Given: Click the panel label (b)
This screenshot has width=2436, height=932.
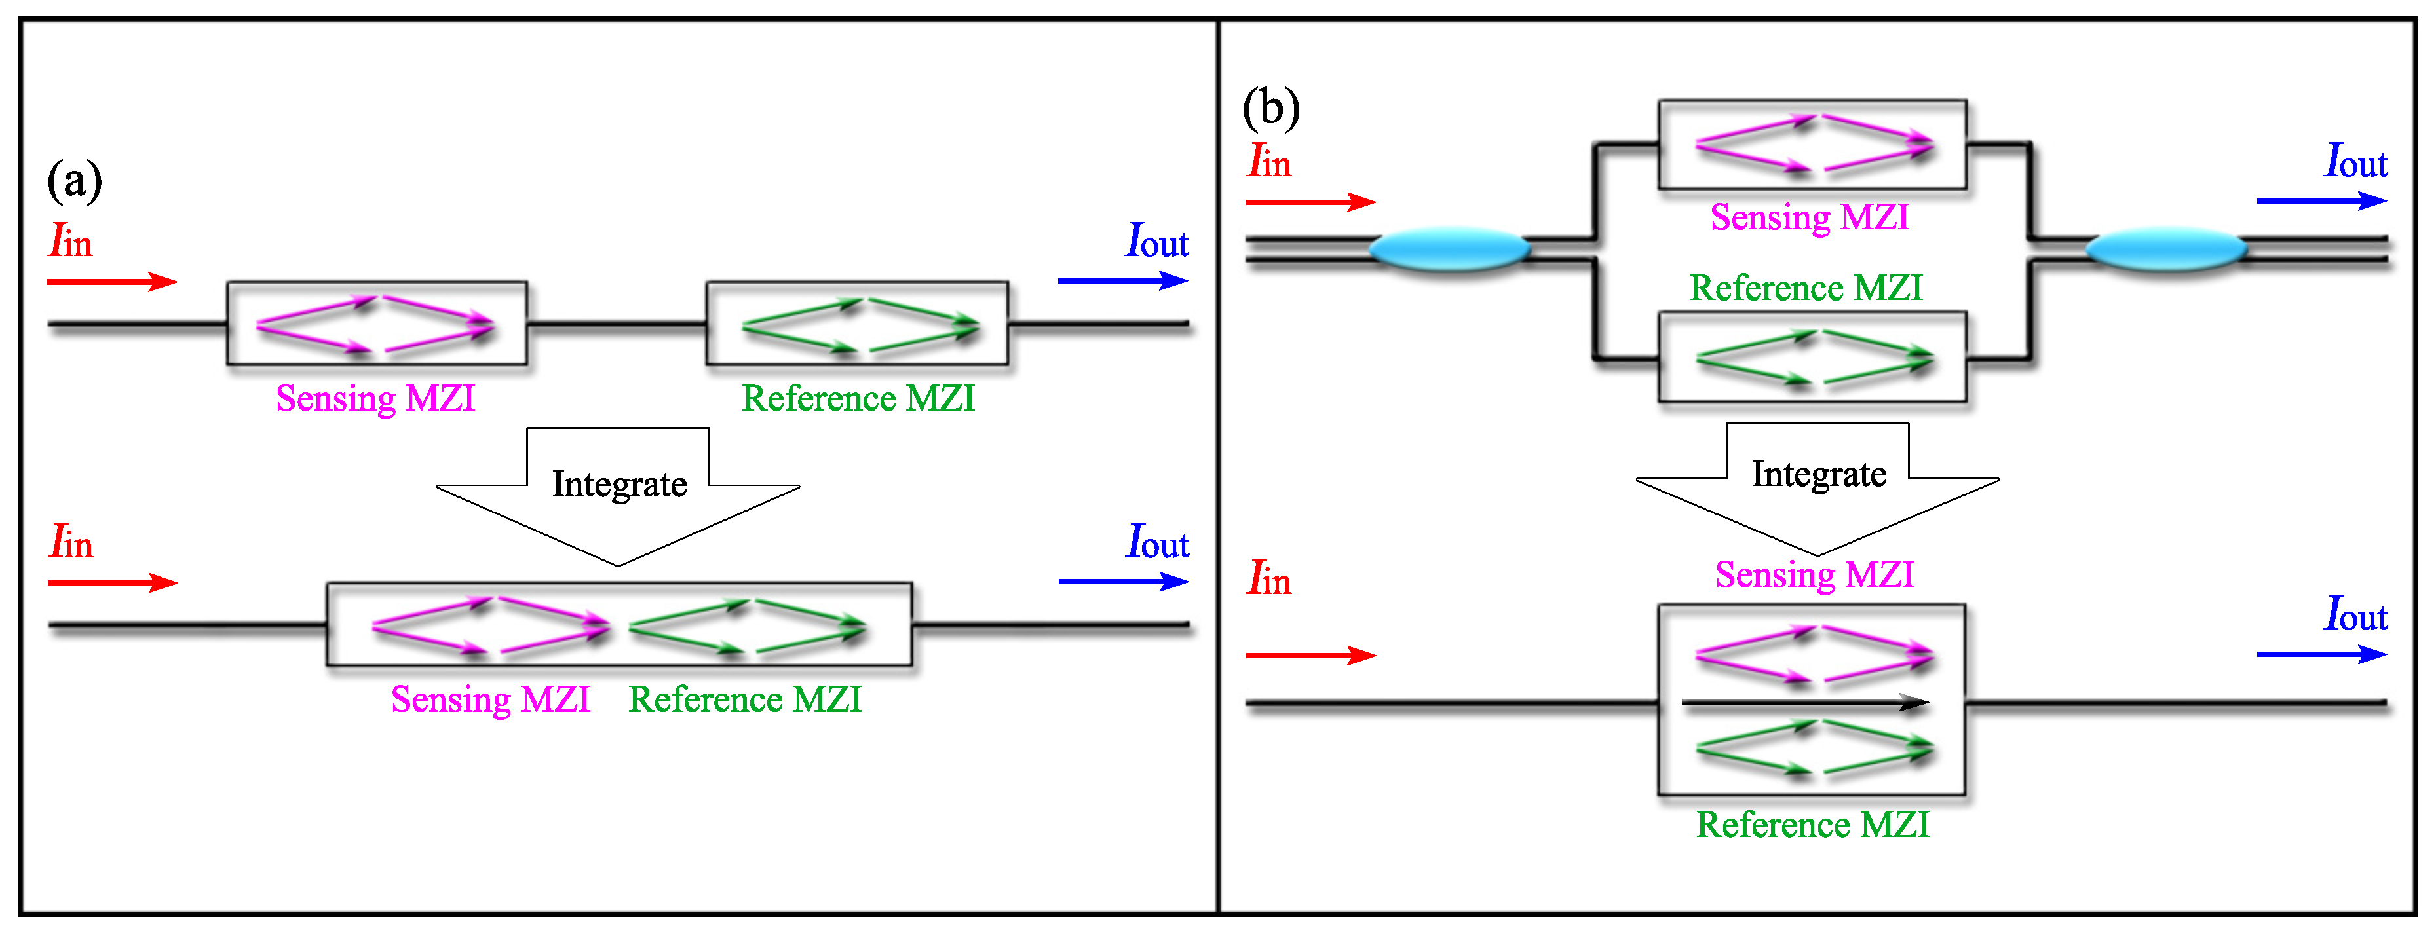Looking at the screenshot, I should [x=1271, y=108].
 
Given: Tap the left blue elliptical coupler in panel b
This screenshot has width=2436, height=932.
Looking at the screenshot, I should [x=1449, y=250].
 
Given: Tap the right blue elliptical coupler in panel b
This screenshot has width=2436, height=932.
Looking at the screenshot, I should [x=2165, y=250].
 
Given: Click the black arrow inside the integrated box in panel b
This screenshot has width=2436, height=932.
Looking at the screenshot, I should [x=1804, y=702].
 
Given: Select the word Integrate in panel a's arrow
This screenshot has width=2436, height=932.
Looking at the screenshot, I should [x=619, y=485].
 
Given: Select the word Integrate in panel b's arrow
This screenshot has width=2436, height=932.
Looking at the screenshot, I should [x=1819, y=474].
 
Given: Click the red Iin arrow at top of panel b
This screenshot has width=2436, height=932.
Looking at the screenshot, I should [x=1310, y=201].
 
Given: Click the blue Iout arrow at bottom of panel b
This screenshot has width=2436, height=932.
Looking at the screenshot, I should [x=2321, y=654].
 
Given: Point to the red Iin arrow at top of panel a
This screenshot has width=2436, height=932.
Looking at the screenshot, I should [x=111, y=282].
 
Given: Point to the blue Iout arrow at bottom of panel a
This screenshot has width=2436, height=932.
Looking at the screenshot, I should [x=1122, y=582].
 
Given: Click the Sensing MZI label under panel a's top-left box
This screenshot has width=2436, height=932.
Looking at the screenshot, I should [x=375, y=399].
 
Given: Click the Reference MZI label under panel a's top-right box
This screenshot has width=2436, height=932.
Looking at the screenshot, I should [x=858, y=399].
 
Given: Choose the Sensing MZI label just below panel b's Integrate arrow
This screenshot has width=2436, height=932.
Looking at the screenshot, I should [x=1814, y=574].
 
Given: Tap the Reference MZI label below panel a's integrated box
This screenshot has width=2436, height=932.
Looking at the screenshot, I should [x=745, y=699].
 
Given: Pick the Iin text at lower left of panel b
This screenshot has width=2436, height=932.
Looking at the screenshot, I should [x=1269, y=578].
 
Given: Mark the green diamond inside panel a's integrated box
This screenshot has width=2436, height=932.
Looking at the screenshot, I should [x=747, y=627].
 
